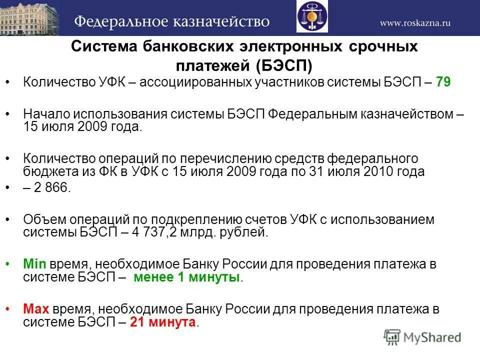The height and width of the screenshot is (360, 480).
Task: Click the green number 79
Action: [443, 82]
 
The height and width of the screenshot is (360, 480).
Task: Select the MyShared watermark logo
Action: [422, 337]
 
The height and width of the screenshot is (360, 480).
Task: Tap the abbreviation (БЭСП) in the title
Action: [285, 65]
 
